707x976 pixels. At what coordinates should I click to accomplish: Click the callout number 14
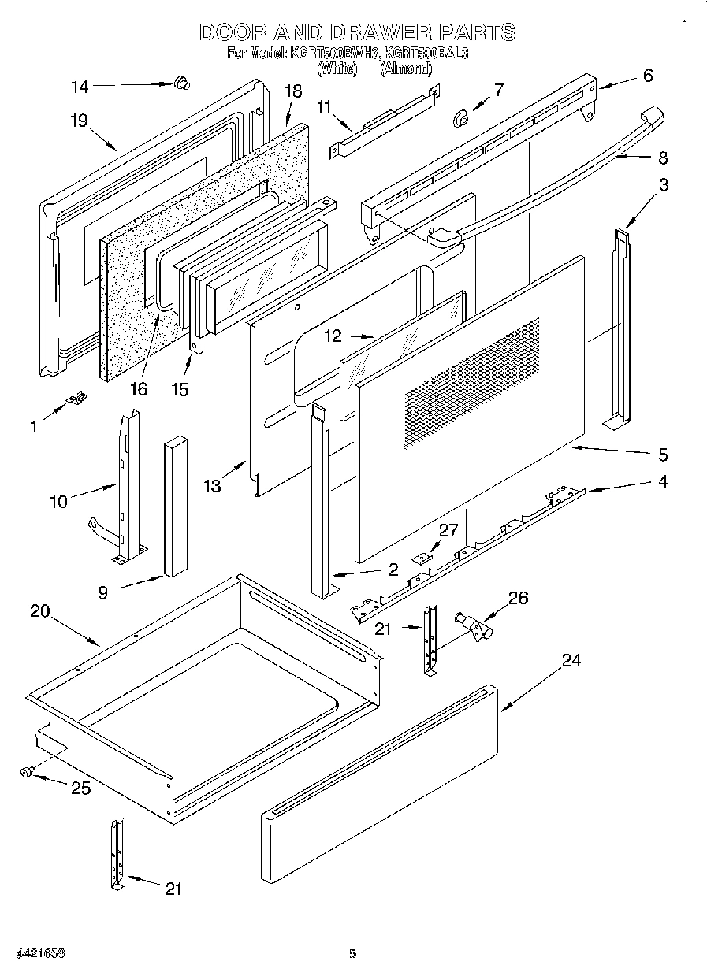[80, 87]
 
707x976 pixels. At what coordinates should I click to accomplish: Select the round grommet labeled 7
[460, 118]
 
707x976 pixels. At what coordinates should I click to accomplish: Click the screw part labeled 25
[27, 774]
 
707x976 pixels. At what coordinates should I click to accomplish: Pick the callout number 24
[571, 660]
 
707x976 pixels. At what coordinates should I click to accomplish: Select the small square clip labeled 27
[422, 558]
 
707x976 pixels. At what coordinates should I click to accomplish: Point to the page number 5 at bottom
[353, 954]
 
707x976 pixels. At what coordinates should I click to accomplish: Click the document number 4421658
[39, 954]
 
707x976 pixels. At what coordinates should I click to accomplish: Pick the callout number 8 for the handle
[662, 158]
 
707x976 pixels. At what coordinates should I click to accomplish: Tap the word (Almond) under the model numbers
[406, 69]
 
